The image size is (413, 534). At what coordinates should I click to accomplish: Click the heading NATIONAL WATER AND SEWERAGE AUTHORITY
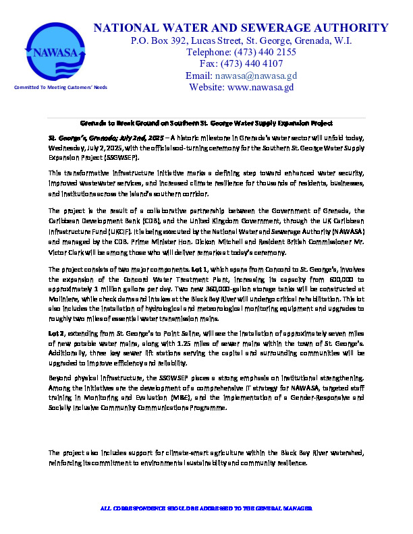pos(241,28)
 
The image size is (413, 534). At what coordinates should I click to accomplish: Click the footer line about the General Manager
pos(206,507)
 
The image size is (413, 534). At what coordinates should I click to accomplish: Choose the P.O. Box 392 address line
pos(241,40)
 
